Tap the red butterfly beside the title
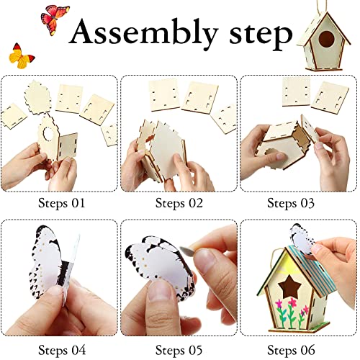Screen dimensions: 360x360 (x=55, y=17)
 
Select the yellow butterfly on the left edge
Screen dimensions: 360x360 (x=22, y=55)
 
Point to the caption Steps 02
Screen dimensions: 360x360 (x=180, y=202)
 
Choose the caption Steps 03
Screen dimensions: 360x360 (x=299, y=202)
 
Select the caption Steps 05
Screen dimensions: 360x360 (x=180, y=350)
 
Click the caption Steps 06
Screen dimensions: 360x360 (x=299, y=350)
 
